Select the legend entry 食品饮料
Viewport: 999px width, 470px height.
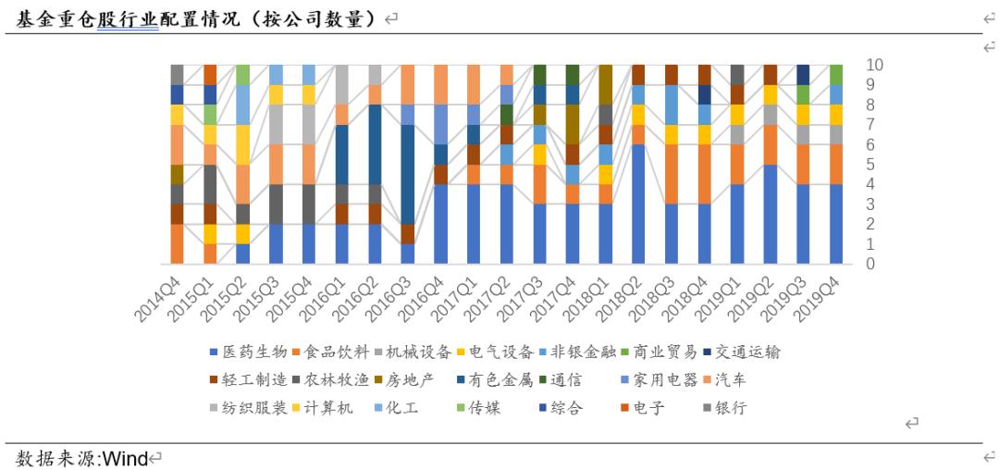(x=330, y=352)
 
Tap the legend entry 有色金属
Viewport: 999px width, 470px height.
(x=496, y=379)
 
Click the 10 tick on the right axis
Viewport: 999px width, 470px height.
(x=875, y=65)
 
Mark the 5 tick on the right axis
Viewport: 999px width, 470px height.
(x=870, y=165)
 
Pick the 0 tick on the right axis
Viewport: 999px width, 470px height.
(x=870, y=265)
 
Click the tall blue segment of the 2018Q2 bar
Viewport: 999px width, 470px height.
(x=638, y=204)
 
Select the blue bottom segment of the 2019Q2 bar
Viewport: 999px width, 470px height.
(x=770, y=215)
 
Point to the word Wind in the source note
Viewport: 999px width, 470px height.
(x=124, y=458)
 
